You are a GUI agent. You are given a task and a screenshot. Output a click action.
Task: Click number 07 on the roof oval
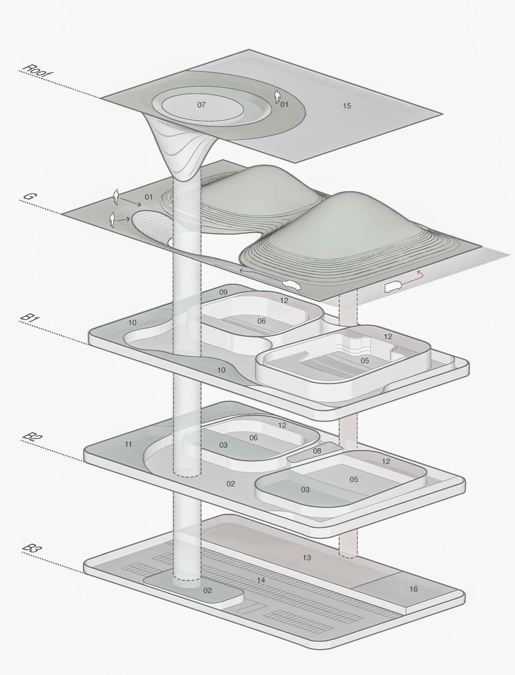(201, 105)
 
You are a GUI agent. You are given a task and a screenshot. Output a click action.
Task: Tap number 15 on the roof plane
(347, 106)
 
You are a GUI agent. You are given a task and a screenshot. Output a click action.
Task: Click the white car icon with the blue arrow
(292, 285)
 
